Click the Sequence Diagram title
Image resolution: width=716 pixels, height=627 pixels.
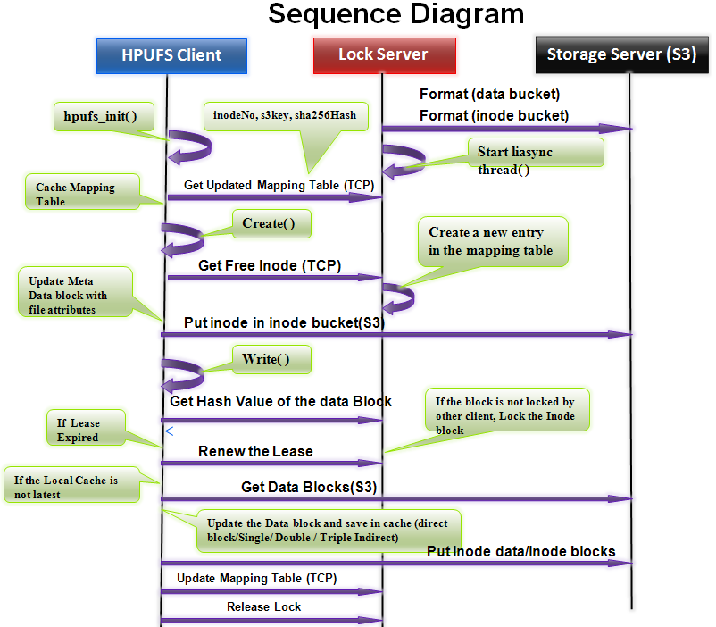click(396, 15)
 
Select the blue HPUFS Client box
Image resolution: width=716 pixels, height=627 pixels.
click(171, 55)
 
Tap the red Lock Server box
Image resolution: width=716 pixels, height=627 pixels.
click(383, 55)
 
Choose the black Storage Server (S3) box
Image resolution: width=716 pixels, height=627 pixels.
click(621, 55)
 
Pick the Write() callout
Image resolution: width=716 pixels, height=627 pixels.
click(272, 360)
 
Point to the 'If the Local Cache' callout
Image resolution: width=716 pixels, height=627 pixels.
click(68, 487)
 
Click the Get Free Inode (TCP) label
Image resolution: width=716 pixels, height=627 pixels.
click(257, 265)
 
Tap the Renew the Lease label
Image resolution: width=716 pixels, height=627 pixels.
click(255, 451)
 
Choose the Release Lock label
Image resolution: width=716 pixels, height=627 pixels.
click(263, 606)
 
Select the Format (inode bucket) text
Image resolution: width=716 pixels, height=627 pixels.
click(494, 115)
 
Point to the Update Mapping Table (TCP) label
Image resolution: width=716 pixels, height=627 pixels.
click(256, 578)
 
